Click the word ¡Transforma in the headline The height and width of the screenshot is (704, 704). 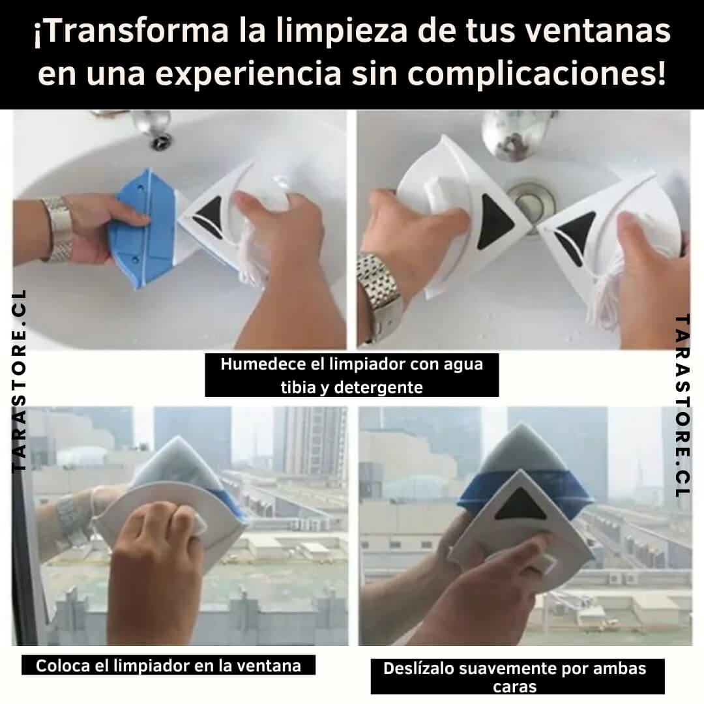tap(130, 31)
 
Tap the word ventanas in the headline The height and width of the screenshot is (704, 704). tap(598, 31)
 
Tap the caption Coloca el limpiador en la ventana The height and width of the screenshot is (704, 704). tap(168, 666)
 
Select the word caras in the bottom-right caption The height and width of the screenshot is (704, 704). tap(514, 686)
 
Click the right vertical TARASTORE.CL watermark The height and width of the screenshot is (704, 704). tap(682, 406)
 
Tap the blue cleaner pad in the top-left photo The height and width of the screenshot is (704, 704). tap(142, 228)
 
